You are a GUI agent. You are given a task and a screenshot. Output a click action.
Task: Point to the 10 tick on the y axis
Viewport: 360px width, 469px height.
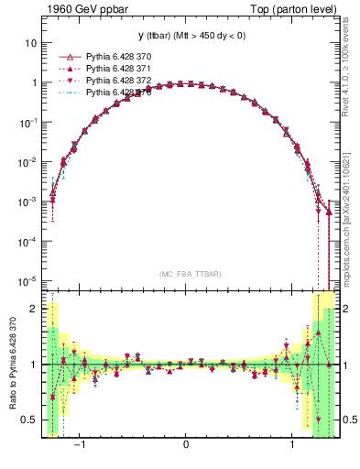tap(30, 43)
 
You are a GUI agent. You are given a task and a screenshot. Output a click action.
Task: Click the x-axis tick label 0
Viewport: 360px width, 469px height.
tap(186, 444)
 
